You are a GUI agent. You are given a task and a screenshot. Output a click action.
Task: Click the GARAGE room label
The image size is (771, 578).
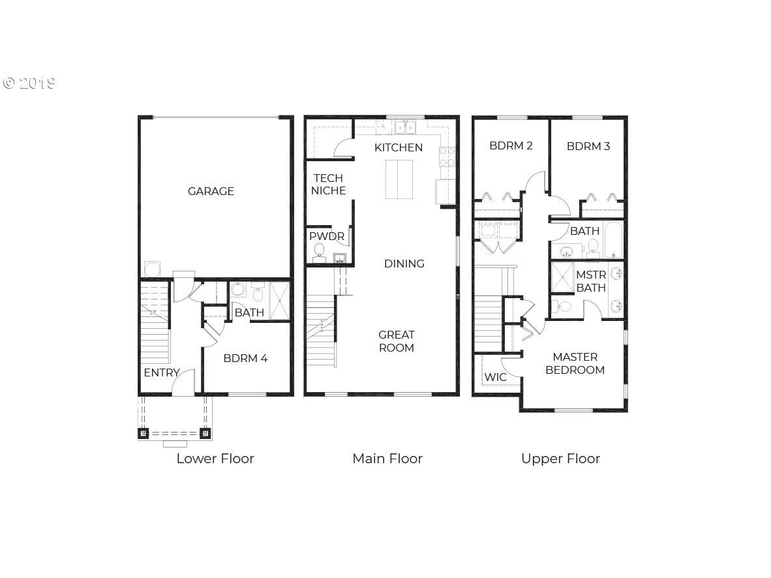pos(211,191)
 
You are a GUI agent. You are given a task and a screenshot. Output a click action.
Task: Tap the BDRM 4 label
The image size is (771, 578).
pos(245,359)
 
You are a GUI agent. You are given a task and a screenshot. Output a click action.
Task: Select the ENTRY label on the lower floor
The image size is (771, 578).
pos(162,373)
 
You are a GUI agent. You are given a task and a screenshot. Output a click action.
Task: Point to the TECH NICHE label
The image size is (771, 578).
pos(329,185)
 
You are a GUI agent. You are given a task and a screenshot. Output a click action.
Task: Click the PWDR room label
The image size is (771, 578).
pos(327,236)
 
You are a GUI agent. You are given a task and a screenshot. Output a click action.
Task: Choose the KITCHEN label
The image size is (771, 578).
pos(399,147)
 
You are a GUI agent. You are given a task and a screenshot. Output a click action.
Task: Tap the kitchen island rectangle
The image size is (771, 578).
pos(399,179)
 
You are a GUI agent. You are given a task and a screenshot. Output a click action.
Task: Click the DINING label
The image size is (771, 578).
pos(404,264)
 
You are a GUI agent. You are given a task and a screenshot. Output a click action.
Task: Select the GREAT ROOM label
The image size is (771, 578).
pos(397,341)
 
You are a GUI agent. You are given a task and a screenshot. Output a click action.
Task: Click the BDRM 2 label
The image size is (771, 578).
pos(511,145)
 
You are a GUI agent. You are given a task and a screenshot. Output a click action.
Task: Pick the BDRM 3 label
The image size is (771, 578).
pos(588,146)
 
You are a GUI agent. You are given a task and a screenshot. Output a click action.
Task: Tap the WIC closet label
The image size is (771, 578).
pos(495,377)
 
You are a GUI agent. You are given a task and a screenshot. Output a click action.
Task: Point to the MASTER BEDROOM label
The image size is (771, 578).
pos(575,363)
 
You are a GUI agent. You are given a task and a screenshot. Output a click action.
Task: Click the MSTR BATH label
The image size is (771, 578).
pos(591,281)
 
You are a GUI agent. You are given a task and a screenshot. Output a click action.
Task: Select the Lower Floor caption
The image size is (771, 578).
pos(215,459)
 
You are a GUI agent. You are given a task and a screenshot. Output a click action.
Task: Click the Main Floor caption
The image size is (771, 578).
pos(387,459)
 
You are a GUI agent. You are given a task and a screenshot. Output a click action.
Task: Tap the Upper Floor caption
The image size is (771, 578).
pos(560,459)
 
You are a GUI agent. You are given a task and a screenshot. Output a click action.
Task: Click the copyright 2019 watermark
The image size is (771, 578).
pos(29,83)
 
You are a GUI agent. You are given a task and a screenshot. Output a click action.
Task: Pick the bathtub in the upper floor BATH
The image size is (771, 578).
pos(613,240)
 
